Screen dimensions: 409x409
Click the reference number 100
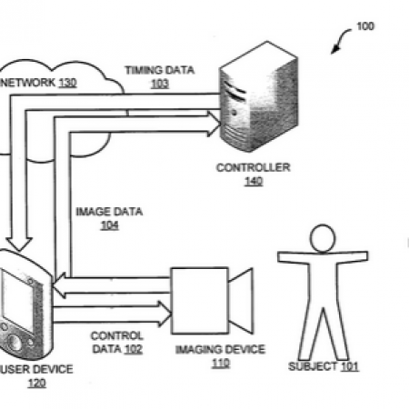365,26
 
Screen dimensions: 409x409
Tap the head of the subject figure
323,238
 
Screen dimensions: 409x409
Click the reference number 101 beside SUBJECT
350,366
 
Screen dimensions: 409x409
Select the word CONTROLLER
254,167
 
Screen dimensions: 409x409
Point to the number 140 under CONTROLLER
254,181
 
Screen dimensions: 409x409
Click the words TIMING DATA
160,70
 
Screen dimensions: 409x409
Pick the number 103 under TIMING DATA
160,84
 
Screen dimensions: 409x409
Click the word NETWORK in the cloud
27,83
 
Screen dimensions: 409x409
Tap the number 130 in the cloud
67,83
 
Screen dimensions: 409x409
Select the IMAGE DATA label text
109,212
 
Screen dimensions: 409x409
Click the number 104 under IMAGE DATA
109,225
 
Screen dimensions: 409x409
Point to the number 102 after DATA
134,349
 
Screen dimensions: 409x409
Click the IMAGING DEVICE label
220,350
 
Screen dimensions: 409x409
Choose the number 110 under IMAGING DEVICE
221,363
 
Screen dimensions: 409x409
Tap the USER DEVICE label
37,369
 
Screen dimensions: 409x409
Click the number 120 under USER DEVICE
37,383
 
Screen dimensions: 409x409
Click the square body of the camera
200,301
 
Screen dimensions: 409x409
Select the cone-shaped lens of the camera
241,301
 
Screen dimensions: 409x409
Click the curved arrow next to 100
339,39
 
